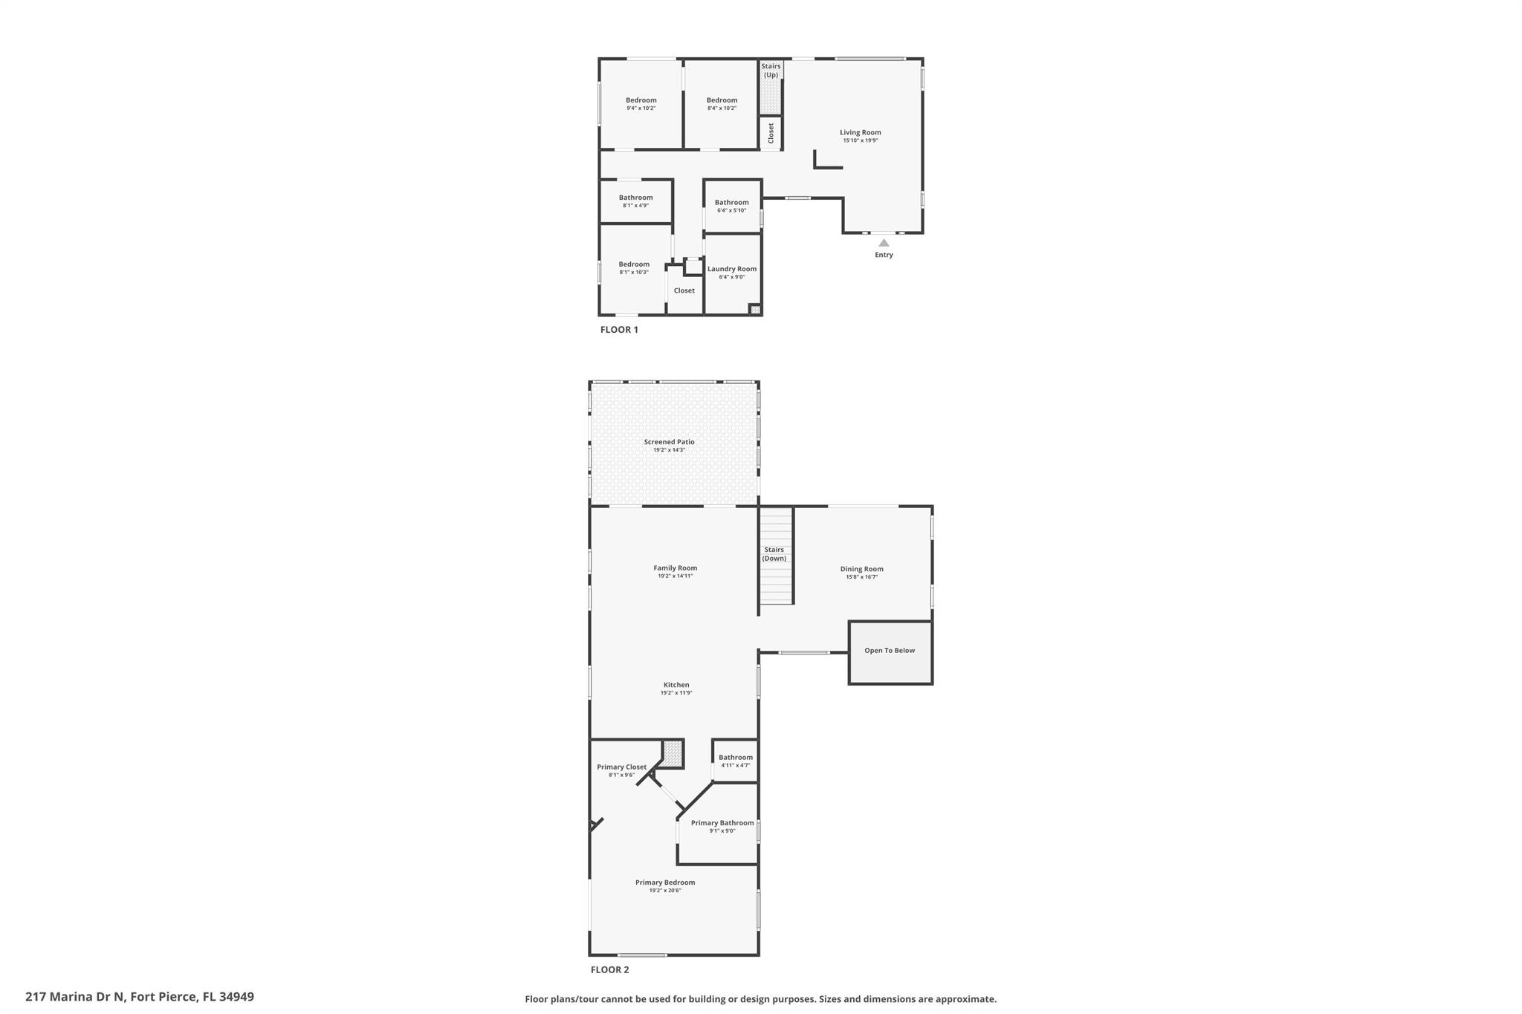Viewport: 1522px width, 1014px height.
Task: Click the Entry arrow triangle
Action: click(x=884, y=242)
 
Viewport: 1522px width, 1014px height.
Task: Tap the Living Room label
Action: click(x=861, y=132)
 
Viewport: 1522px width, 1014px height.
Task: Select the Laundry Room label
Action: click(x=732, y=269)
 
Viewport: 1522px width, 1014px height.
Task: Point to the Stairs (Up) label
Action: click(x=771, y=71)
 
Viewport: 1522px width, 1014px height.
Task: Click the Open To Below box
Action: click(x=890, y=652)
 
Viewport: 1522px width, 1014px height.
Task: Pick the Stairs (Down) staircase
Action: click(x=776, y=556)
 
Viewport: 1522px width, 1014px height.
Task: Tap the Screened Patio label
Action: click(x=669, y=442)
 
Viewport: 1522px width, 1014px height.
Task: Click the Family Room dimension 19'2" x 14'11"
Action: click(x=675, y=576)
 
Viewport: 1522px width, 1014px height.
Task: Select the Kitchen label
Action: click(x=676, y=685)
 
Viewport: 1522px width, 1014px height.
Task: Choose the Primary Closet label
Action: click(x=621, y=767)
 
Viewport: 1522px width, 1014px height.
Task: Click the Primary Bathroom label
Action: click(x=722, y=822)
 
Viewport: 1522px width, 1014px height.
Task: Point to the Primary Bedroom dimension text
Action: click(x=665, y=890)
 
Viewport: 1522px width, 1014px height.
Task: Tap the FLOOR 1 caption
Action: click(x=619, y=330)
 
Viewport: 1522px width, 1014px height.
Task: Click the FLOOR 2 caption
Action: click(x=609, y=969)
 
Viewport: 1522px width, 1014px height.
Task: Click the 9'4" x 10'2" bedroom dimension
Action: click(x=641, y=108)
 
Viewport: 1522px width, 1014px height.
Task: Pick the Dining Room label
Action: click(x=862, y=569)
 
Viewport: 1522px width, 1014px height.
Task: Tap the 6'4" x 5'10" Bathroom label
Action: click(x=731, y=202)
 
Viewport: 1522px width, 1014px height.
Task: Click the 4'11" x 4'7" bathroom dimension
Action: click(x=736, y=765)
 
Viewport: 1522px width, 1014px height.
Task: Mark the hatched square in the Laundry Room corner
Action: click(x=755, y=309)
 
